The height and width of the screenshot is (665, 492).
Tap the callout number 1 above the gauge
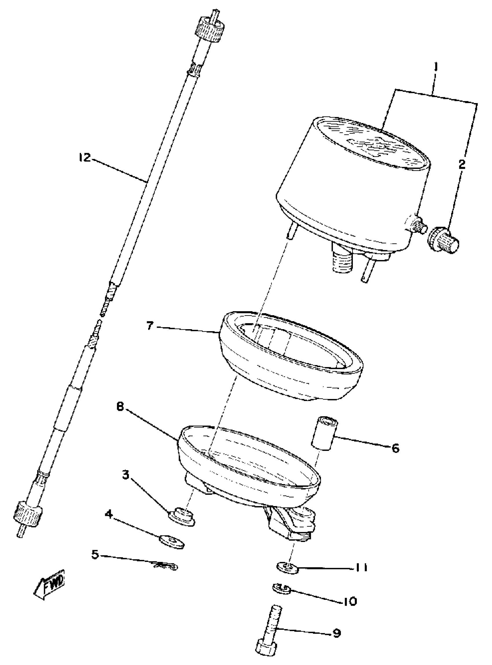pyautogui.click(x=435, y=67)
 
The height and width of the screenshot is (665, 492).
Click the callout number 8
pyautogui.click(x=120, y=407)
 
